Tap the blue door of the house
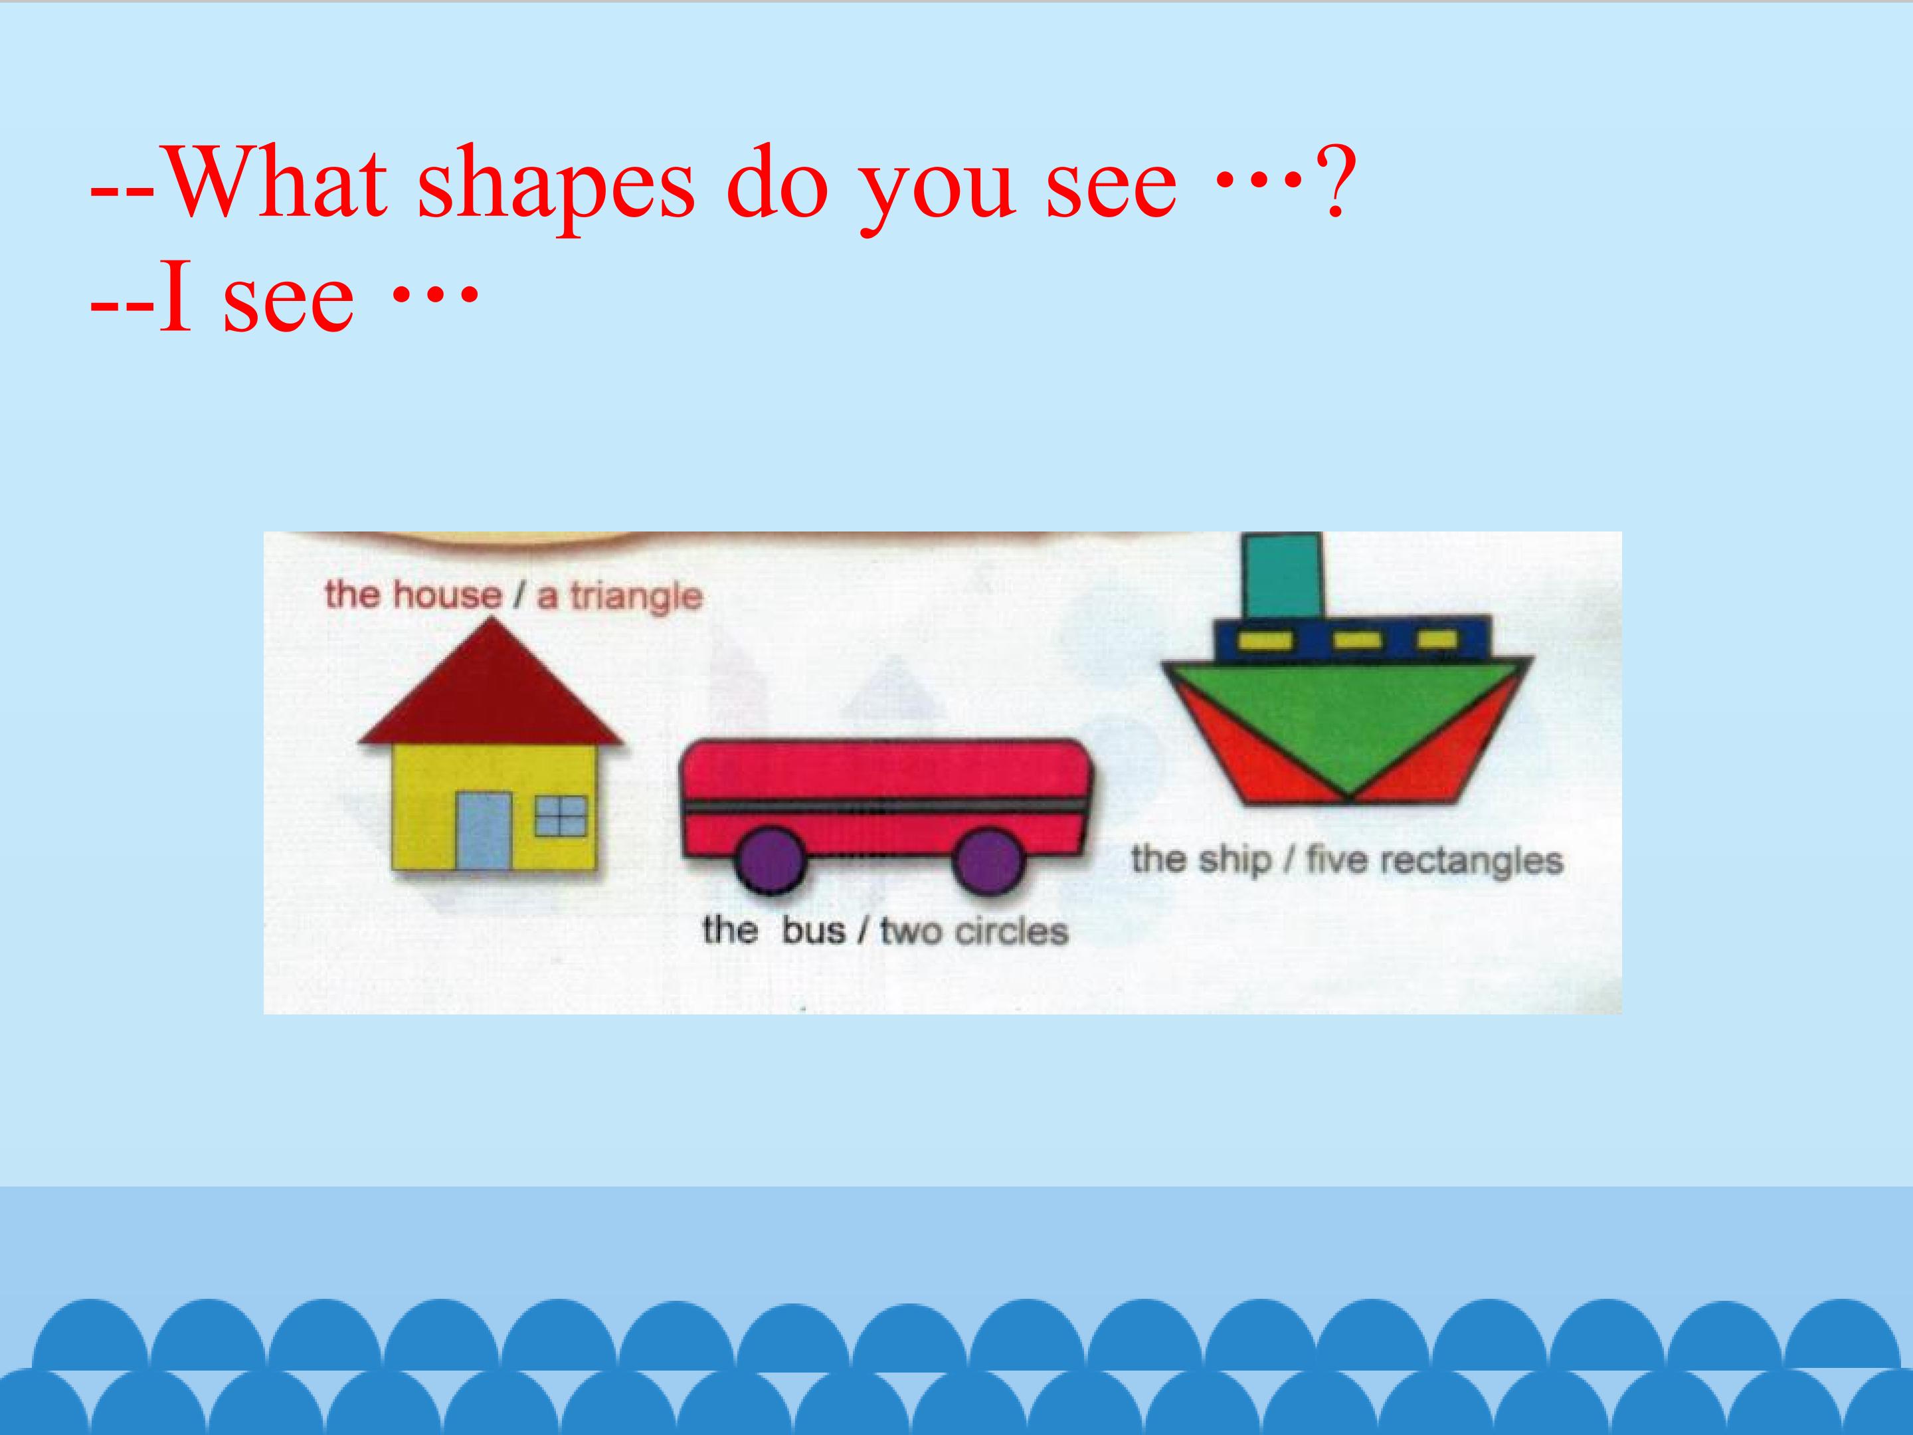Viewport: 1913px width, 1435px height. pyautogui.click(x=484, y=830)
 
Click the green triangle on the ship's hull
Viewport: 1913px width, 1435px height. pyautogui.click(x=1349, y=718)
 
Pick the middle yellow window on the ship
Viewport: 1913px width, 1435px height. pyautogui.click(x=1356, y=640)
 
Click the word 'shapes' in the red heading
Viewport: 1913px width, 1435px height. pyautogui.click(x=555, y=184)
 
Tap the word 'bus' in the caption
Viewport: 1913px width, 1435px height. pyautogui.click(x=813, y=931)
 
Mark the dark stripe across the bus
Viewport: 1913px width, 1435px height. pyautogui.click(x=882, y=806)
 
